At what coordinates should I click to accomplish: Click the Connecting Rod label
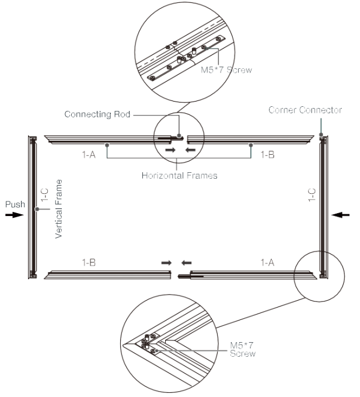pos(101,116)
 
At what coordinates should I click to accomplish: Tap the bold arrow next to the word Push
pos(13,215)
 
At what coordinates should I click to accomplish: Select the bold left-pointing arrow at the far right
pos(344,215)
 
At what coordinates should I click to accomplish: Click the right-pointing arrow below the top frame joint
pos(169,150)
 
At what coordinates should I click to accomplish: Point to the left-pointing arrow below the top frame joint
pos(189,150)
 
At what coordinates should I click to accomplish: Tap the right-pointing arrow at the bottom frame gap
pos(166,263)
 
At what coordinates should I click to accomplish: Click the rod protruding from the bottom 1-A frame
pos(186,271)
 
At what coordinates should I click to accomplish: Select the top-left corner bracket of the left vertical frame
pos(32,138)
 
